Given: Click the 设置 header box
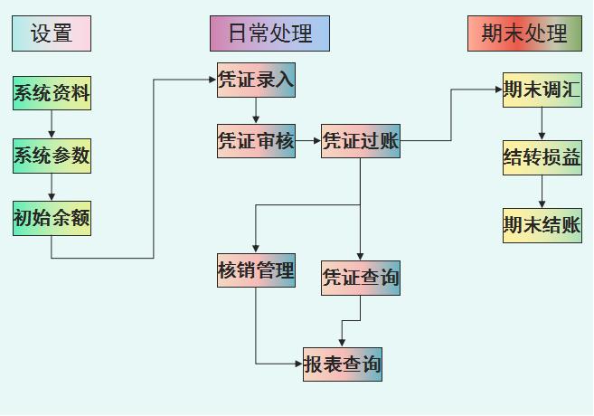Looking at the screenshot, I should [x=52, y=33].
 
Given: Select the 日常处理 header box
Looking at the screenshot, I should [x=269, y=33].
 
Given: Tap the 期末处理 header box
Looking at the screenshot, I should [x=524, y=33].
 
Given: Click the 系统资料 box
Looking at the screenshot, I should [x=52, y=93].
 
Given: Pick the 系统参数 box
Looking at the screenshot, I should [x=52, y=156].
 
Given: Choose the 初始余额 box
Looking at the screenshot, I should [x=52, y=218].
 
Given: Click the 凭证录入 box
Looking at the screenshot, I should [x=256, y=80].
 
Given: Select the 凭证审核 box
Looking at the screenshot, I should [x=256, y=141].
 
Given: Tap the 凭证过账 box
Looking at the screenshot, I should [x=360, y=141].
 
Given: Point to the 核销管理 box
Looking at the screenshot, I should [x=256, y=270].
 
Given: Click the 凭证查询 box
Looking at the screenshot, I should [x=360, y=278].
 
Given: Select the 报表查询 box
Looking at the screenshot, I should [x=342, y=364].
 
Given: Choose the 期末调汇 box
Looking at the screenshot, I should [x=542, y=90].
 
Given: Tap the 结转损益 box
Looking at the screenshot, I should [x=542, y=157].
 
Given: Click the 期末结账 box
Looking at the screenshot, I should [x=542, y=225].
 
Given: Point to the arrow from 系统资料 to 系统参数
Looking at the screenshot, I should [x=52, y=125].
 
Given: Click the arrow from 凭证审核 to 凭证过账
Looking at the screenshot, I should [x=308, y=141].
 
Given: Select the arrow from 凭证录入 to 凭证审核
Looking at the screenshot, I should [x=256, y=111].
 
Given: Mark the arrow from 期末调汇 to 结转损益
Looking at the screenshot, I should [x=542, y=123].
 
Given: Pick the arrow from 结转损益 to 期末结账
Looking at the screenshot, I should [x=542, y=192].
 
